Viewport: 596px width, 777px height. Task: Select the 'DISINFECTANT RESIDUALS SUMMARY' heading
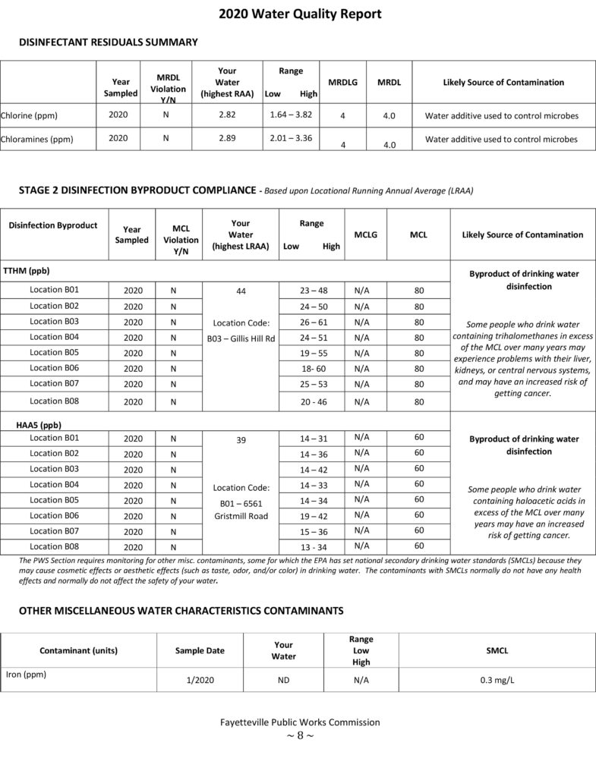click(x=108, y=42)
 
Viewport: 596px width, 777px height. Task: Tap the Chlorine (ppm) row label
click(x=29, y=115)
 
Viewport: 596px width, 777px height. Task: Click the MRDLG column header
click(x=342, y=82)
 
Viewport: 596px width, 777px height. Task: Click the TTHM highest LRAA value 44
click(x=241, y=291)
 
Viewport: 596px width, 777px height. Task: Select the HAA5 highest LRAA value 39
click(x=241, y=439)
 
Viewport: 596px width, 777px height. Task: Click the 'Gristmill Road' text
click(x=241, y=516)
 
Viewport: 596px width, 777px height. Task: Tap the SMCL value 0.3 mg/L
click(x=497, y=681)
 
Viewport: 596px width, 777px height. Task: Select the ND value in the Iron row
click(x=283, y=681)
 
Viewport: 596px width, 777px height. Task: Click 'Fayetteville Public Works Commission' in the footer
click(x=298, y=722)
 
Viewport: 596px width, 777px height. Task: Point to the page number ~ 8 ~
click(x=298, y=735)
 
